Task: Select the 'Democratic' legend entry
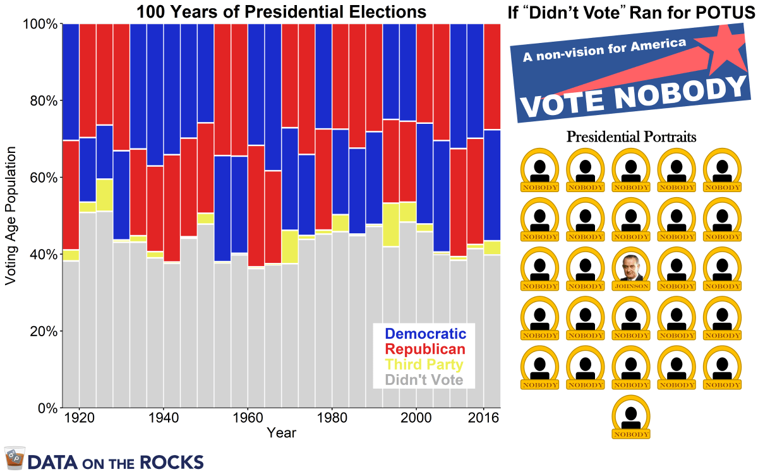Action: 425,334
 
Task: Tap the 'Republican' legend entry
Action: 425,349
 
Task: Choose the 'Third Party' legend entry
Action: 424,365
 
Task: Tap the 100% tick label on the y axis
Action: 40,24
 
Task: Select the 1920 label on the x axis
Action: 79,418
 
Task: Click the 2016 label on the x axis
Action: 483,418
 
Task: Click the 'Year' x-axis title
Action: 281,433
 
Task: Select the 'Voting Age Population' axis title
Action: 11,216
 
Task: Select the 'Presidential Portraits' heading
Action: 631,136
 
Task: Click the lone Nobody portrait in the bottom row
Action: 631,418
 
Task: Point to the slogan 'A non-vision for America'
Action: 604,50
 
